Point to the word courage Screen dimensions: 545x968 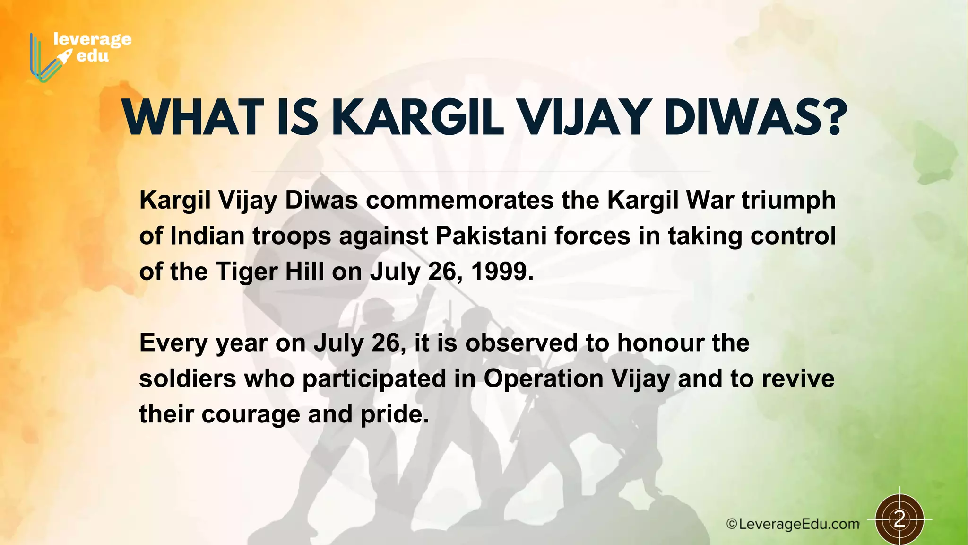point(251,414)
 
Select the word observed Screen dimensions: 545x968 point(521,343)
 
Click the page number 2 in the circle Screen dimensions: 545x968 point(899,519)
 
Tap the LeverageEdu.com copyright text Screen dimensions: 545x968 point(793,524)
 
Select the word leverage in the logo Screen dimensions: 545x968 point(92,39)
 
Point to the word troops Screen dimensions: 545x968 point(292,236)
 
